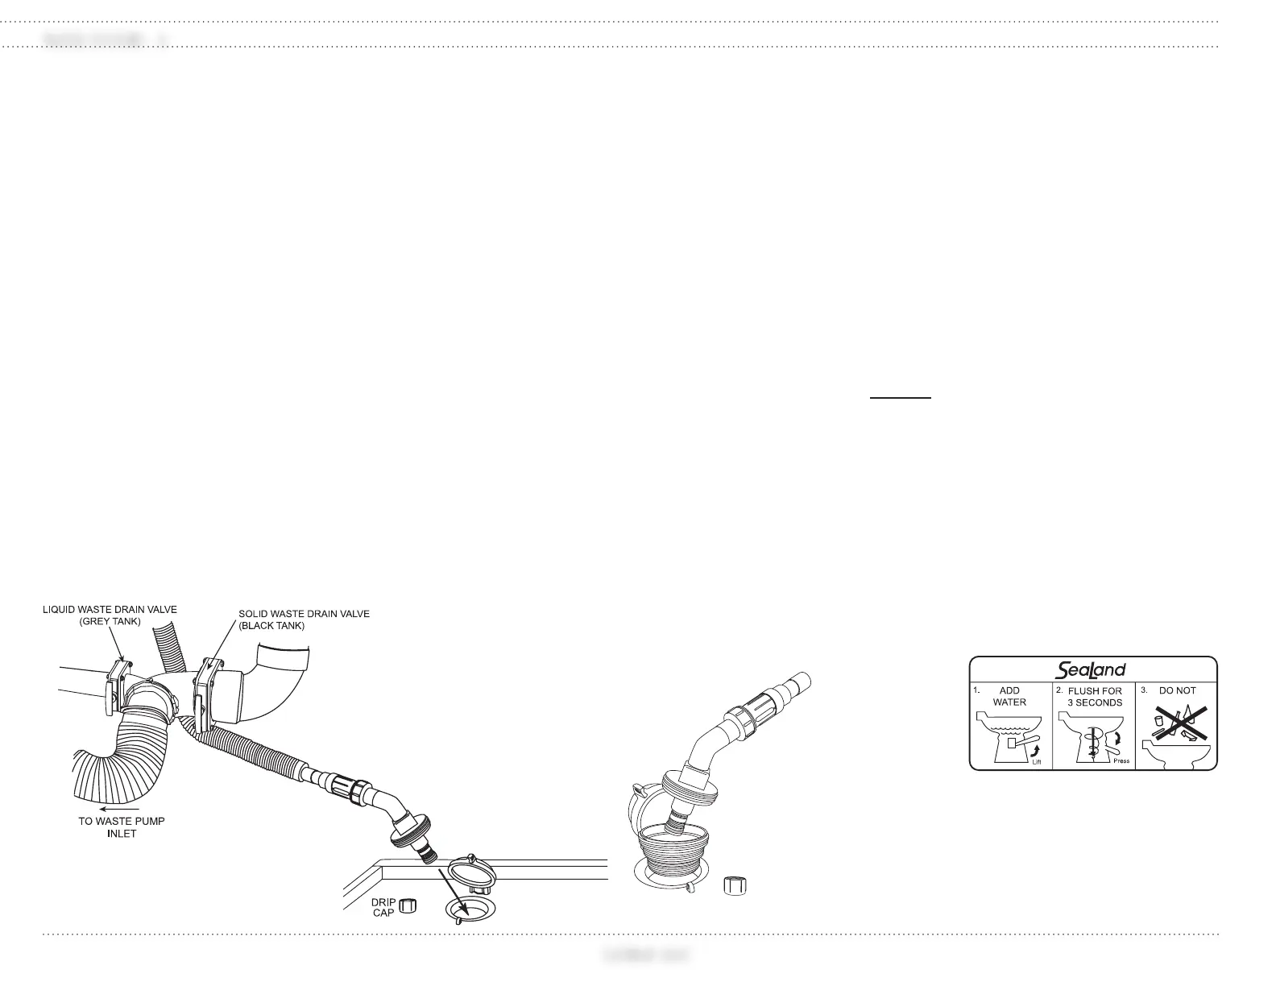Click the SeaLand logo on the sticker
(1090, 669)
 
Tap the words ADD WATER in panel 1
(1009, 696)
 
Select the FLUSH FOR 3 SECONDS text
(1094, 697)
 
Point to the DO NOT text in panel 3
(1177, 690)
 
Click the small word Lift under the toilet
(1038, 760)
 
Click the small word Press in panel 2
(1120, 760)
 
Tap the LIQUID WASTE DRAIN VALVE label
(110, 610)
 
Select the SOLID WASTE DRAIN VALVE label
(304, 614)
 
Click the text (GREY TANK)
(110, 621)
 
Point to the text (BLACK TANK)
(271, 625)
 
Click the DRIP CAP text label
(383, 907)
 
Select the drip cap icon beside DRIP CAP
(408, 906)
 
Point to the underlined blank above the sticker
(901, 396)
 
